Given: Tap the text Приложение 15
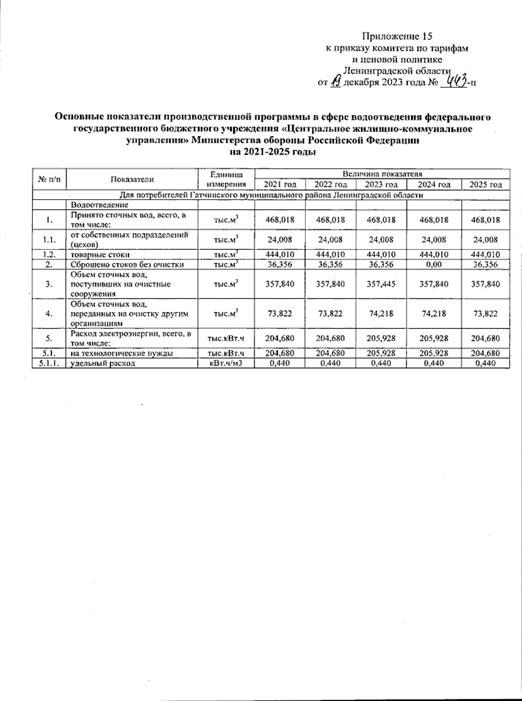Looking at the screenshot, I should [x=398, y=36].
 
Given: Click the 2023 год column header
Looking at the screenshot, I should [x=381, y=185].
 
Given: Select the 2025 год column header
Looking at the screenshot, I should [x=485, y=185].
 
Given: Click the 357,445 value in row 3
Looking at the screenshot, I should [x=381, y=284].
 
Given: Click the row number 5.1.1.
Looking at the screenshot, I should [x=48, y=363].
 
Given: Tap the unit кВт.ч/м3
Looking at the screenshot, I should [x=225, y=363].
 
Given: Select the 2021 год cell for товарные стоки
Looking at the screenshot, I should [x=280, y=254].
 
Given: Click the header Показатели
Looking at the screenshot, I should [x=132, y=179].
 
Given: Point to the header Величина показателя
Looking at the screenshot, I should [x=381, y=174].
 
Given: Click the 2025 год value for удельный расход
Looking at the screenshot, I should [x=485, y=363].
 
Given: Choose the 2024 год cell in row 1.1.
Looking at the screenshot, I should [x=434, y=239].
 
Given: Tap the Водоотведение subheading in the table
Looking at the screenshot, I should [x=100, y=205].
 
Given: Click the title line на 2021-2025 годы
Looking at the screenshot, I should [x=272, y=152].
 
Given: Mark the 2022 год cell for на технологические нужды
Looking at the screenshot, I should [x=331, y=354].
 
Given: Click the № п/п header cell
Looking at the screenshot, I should [x=50, y=179].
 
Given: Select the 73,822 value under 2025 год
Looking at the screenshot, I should [x=485, y=313].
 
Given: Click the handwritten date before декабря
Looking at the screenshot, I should [x=336, y=81].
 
